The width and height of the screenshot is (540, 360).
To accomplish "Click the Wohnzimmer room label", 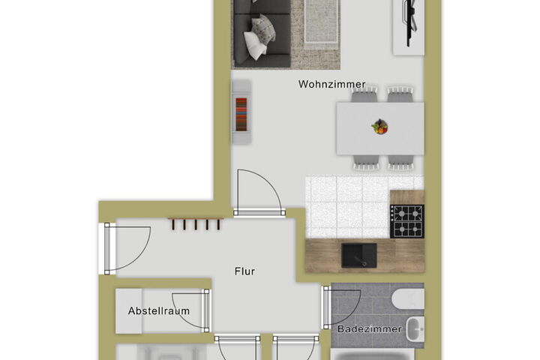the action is coord(331,84).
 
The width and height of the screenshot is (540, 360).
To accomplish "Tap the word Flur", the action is coord(244,271).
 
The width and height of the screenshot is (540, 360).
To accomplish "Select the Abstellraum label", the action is coord(159,310).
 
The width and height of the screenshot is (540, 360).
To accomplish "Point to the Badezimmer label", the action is coord(370,329).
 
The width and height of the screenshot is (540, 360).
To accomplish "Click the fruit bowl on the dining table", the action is coord(379,126).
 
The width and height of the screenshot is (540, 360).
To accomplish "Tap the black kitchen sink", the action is coord(358,255).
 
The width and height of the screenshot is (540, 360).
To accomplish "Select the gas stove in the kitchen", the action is coord(406,221).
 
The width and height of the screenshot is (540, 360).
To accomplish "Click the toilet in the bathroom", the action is coord(408,298).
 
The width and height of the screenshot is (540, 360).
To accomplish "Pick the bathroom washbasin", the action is coord(415,329).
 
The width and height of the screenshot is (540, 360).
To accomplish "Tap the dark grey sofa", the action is coord(262,33).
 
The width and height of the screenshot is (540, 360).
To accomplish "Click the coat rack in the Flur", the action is coord(196,224).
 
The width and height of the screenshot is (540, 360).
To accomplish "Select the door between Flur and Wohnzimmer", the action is coord(259,193).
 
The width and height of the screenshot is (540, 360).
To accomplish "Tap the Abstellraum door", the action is coord(191,310).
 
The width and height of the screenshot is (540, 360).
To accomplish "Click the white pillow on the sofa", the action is coord(256,46).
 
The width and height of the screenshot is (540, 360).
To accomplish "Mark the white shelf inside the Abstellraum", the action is coord(128,310).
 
